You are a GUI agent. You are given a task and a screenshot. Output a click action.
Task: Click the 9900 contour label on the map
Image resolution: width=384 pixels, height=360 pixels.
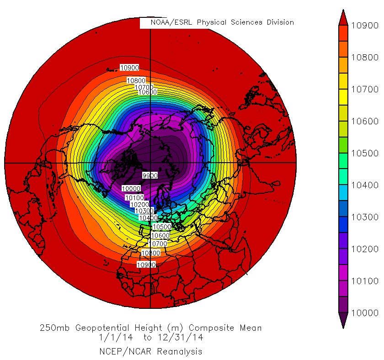[x=149, y=175]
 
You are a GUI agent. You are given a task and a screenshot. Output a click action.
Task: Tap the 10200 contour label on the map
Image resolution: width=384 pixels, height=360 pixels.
[x=139, y=205]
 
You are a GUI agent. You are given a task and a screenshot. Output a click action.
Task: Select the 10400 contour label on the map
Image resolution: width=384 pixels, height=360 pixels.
[x=149, y=218]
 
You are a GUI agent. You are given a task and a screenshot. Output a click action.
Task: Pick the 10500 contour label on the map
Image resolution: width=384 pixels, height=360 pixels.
[x=161, y=227]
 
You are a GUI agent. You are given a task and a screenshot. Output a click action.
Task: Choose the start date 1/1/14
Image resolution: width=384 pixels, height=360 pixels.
[x=112, y=338]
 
